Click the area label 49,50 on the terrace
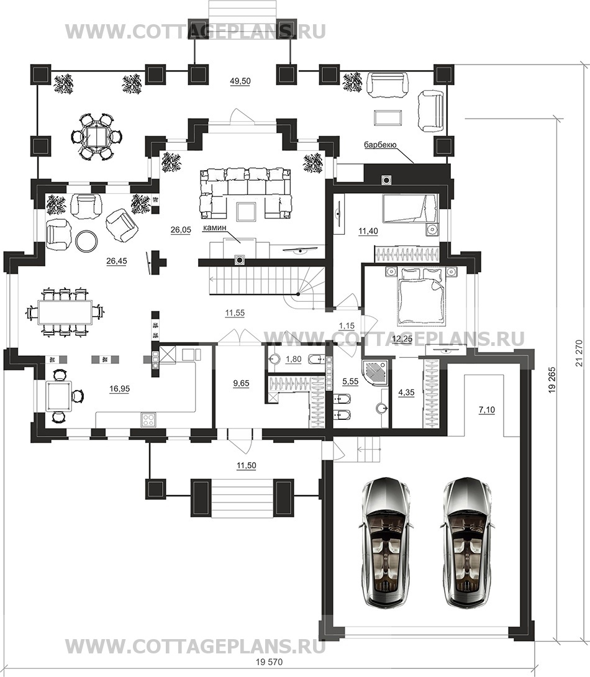[x=240, y=81]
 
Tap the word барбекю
[x=380, y=145]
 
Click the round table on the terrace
[x=96, y=137]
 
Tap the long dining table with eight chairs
[x=65, y=311]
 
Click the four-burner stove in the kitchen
[x=148, y=419]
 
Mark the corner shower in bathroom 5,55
[x=376, y=371]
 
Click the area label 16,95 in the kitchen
[x=119, y=389]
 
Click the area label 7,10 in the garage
[x=487, y=410]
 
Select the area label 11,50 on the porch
[x=246, y=465]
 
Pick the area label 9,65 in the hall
[x=241, y=383]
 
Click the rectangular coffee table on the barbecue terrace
[x=388, y=117]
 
